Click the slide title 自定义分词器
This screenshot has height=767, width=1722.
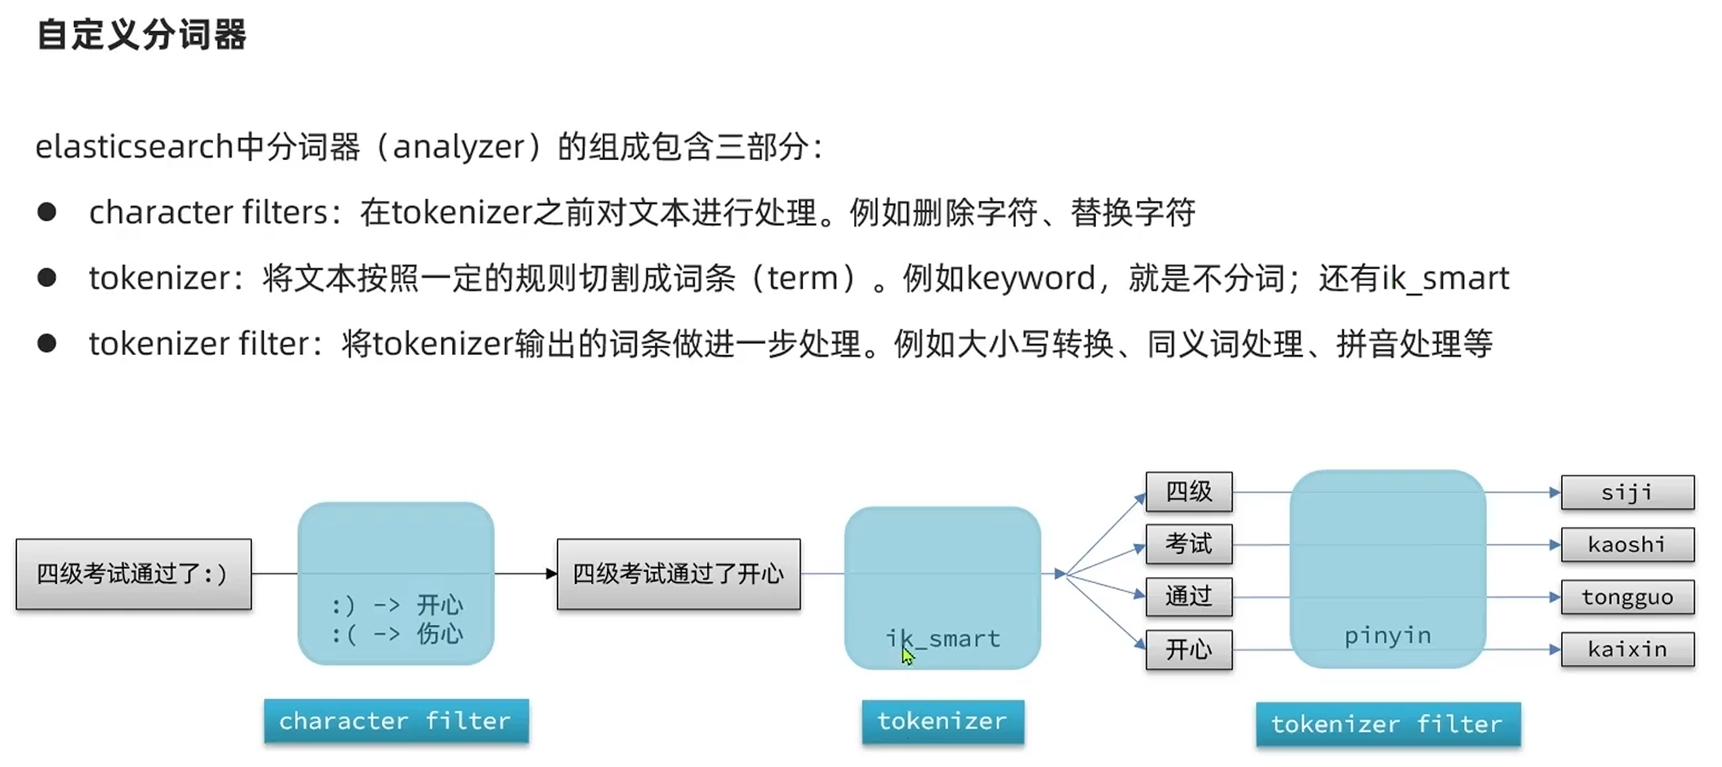point(141,35)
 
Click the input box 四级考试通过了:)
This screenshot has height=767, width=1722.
point(134,574)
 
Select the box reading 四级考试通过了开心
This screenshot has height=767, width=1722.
point(678,574)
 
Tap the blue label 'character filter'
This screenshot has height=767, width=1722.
point(396,721)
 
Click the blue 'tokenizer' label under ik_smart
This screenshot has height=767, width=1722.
point(942,722)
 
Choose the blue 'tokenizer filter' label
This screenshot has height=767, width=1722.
point(1387,724)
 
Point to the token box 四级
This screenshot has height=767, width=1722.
point(1189,492)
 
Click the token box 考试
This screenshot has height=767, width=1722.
point(1189,544)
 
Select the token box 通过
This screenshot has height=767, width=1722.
point(1189,597)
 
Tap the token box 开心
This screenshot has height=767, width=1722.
point(1189,650)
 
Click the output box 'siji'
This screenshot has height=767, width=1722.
point(1627,493)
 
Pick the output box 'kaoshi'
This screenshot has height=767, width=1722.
point(1627,545)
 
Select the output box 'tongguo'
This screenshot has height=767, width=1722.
point(1627,598)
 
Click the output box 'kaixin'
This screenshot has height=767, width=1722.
point(1627,650)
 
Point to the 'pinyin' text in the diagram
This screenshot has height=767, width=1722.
point(1387,636)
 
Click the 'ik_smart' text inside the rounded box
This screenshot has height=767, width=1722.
point(943,638)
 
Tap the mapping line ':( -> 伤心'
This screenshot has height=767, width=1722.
point(397,634)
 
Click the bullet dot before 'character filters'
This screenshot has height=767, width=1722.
point(47,212)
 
